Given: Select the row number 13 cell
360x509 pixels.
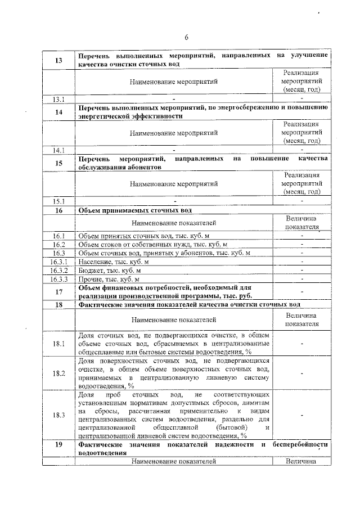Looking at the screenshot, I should [x=58, y=60].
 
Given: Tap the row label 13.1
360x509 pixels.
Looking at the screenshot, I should [x=58, y=100].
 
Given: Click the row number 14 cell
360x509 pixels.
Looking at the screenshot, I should [x=58, y=111].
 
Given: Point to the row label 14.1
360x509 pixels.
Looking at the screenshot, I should [x=58, y=150].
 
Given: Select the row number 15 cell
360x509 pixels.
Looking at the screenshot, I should [x=58, y=163].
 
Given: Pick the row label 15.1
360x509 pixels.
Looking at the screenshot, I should [x=58, y=201].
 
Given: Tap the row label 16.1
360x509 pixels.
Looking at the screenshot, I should [x=58, y=236].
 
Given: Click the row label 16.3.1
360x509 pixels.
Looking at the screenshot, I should [x=58, y=262].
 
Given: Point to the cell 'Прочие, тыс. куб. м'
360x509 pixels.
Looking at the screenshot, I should [x=108, y=280].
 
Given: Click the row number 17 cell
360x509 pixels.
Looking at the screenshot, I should [x=58, y=292].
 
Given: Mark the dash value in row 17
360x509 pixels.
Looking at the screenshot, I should [x=302, y=292].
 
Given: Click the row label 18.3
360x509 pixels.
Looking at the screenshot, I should [x=58, y=415].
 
